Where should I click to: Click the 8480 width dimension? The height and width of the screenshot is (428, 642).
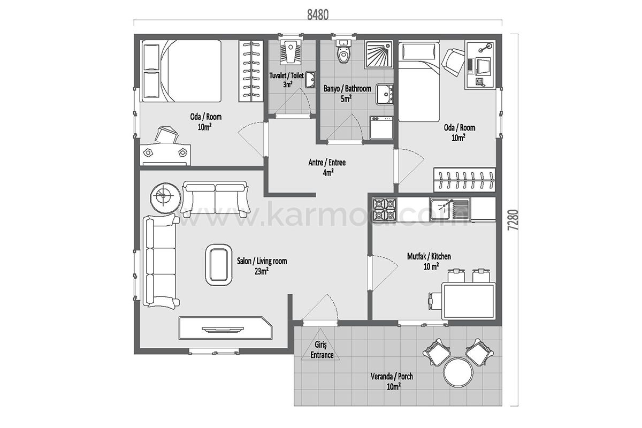pos(318,15)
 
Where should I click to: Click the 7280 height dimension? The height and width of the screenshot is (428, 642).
pos(513,220)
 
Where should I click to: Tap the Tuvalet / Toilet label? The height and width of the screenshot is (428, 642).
pos(287,75)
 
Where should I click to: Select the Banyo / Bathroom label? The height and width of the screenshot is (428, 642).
pos(347,88)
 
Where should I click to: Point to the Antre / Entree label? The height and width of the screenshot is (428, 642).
pos(327,163)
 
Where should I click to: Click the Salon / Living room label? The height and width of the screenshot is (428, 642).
pos(262,261)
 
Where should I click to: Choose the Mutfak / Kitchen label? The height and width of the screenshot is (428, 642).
pos(429,256)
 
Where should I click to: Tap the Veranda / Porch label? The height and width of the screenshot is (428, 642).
pos(392,376)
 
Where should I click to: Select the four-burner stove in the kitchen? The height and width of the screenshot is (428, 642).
pos(384,210)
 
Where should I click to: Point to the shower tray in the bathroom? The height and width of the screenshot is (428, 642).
pos(379,55)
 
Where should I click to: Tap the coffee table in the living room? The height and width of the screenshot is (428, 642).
pos(218,265)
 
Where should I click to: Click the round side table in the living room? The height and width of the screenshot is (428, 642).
pos(166,198)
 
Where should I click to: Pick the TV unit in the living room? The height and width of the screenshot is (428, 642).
pos(226,328)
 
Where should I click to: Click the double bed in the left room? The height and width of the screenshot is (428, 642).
pos(182,71)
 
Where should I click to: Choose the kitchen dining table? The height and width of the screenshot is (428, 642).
pos(469,301)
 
